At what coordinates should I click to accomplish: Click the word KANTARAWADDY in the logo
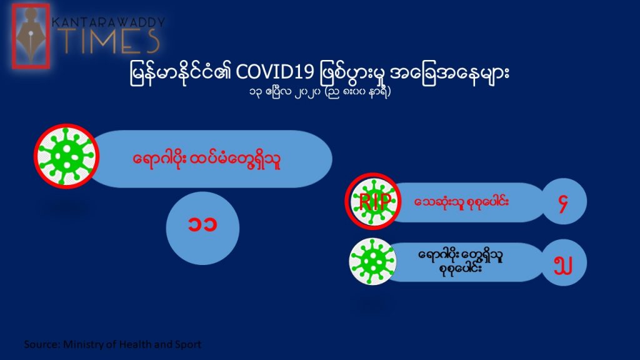[109, 22]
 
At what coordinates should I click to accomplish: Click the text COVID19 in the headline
[275, 73]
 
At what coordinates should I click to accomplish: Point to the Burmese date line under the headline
[320, 92]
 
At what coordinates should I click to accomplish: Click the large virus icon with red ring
[66, 156]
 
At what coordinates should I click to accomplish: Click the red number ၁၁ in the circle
[202, 225]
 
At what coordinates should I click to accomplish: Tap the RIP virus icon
[372, 201]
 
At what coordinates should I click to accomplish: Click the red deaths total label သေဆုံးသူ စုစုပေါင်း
[461, 202]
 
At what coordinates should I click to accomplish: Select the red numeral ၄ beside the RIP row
[564, 202]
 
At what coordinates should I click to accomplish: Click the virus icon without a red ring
[372, 262]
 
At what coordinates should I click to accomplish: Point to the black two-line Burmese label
[461, 262]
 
